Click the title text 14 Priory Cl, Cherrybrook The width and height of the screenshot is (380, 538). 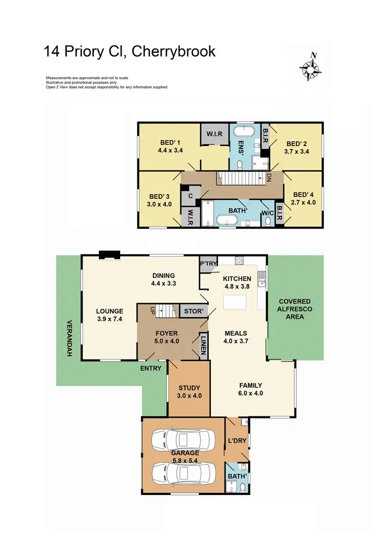click(x=130, y=52)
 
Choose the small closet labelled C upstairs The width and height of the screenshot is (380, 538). click(x=191, y=196)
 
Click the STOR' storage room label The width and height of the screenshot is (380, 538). click(x=193, y=311)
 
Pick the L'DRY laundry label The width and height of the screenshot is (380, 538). click(x=237, y=441)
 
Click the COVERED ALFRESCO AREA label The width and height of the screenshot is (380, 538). click(x=295, y=309)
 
